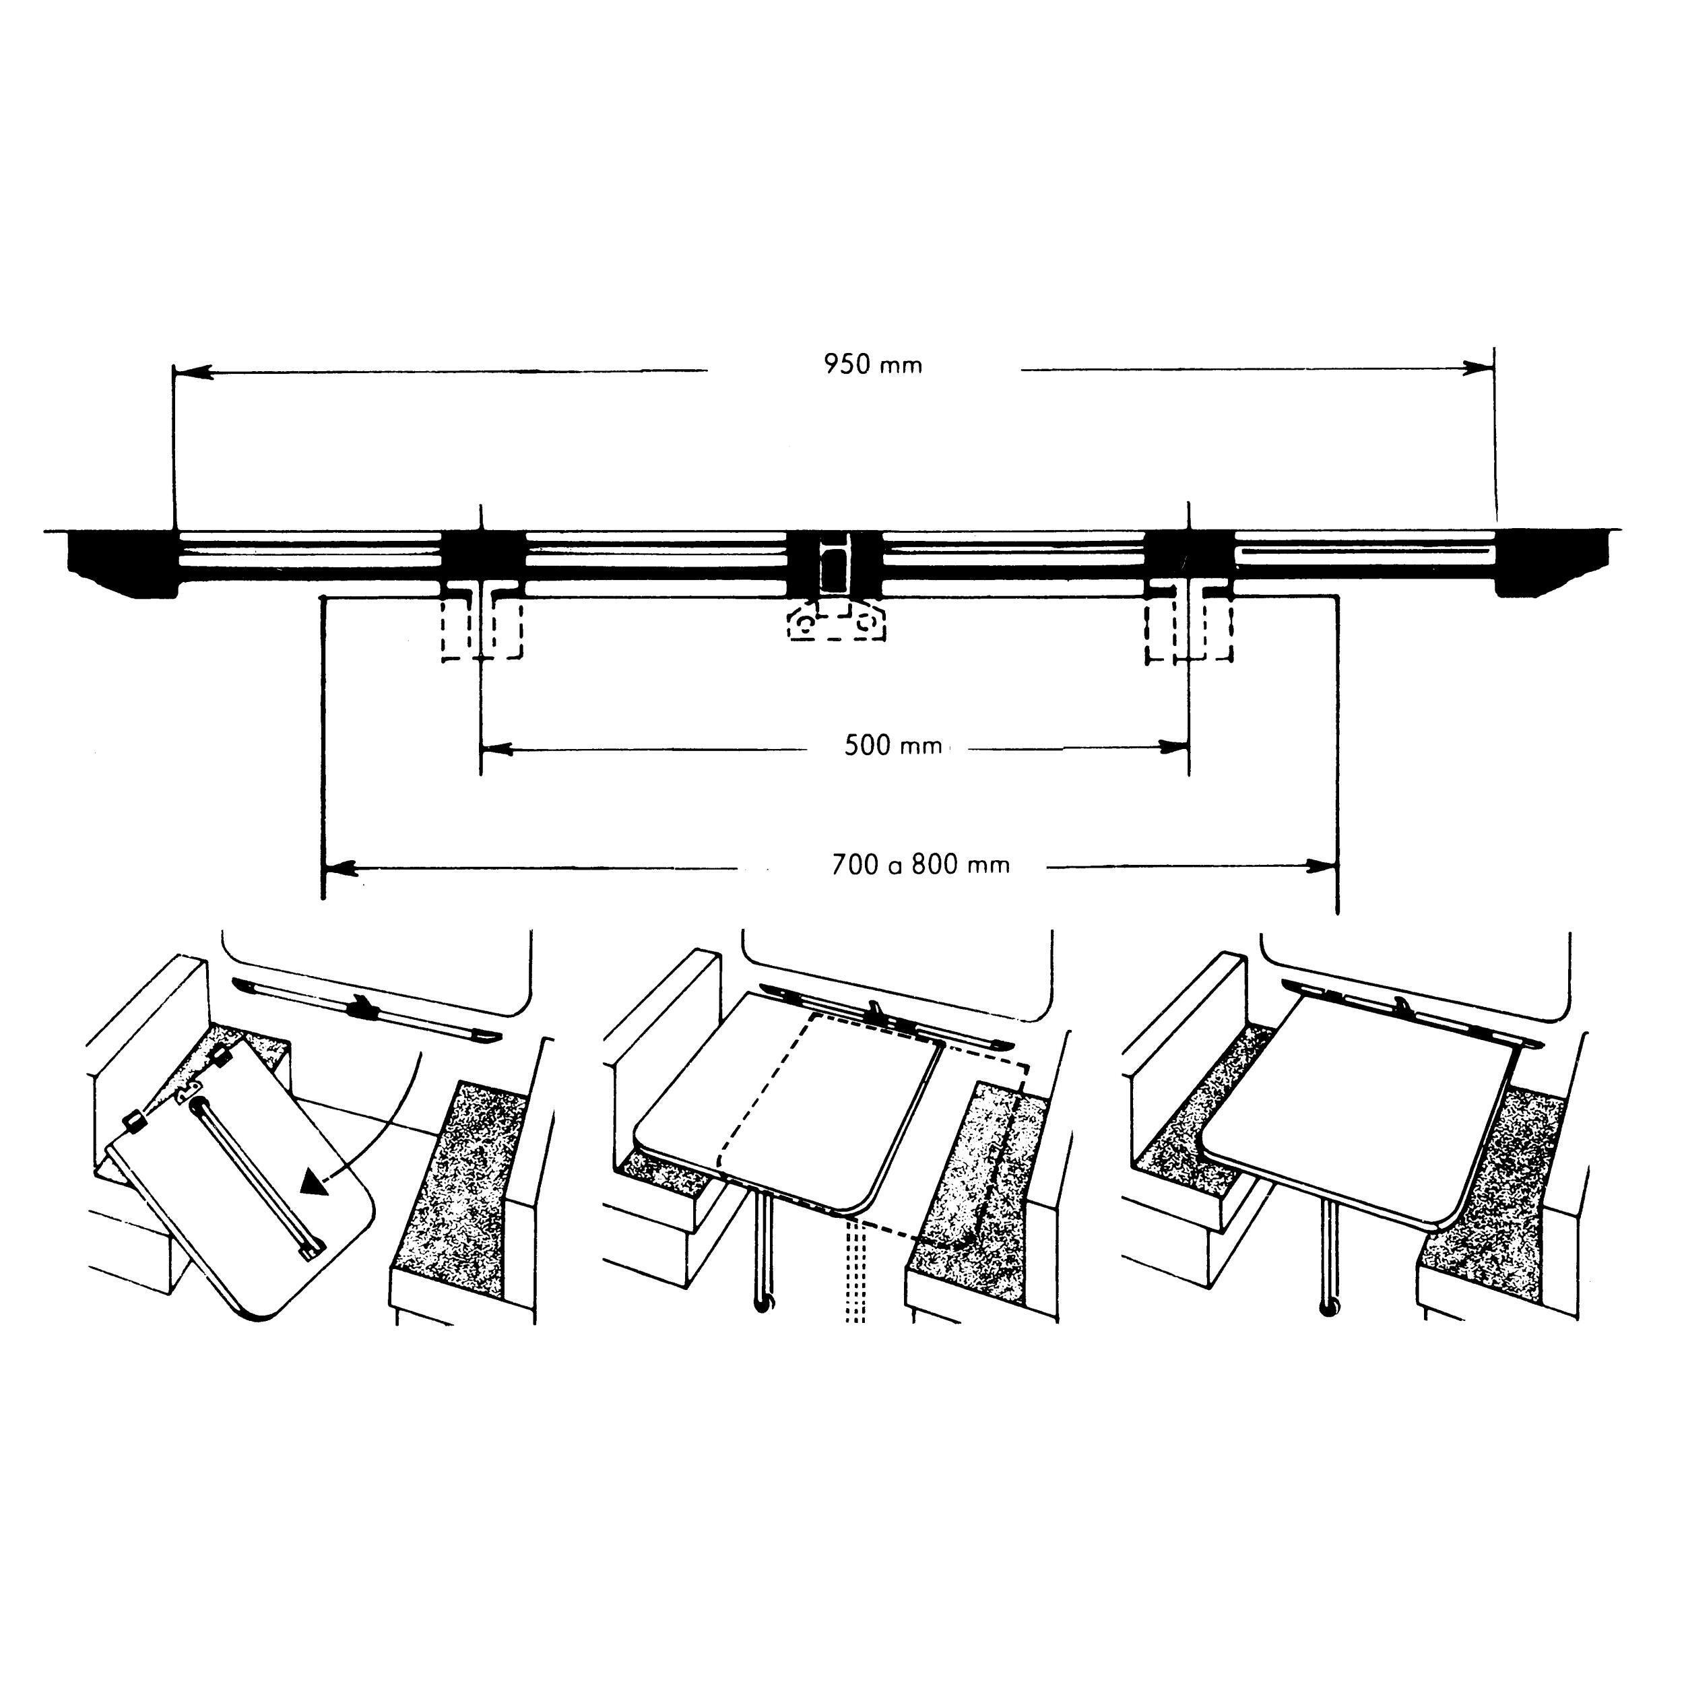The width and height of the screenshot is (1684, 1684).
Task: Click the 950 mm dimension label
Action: click(x=872, y=364)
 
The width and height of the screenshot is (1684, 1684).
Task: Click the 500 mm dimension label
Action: click(x=893, y=746)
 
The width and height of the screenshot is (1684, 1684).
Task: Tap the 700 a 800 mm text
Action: click(x=920, y=866)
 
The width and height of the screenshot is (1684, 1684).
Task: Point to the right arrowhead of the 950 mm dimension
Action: click(x=1479, y=368)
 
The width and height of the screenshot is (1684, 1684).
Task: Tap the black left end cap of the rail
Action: click(x=122, y=563)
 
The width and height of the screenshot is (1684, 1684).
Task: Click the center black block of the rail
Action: click(x=834, y=562)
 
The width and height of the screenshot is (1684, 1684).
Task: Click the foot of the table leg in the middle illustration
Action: click(x=764, y=1304)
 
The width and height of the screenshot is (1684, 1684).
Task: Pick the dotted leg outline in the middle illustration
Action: click(x=855, y=1272)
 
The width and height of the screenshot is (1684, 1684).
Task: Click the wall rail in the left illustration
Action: click(x=366, y=1010)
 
